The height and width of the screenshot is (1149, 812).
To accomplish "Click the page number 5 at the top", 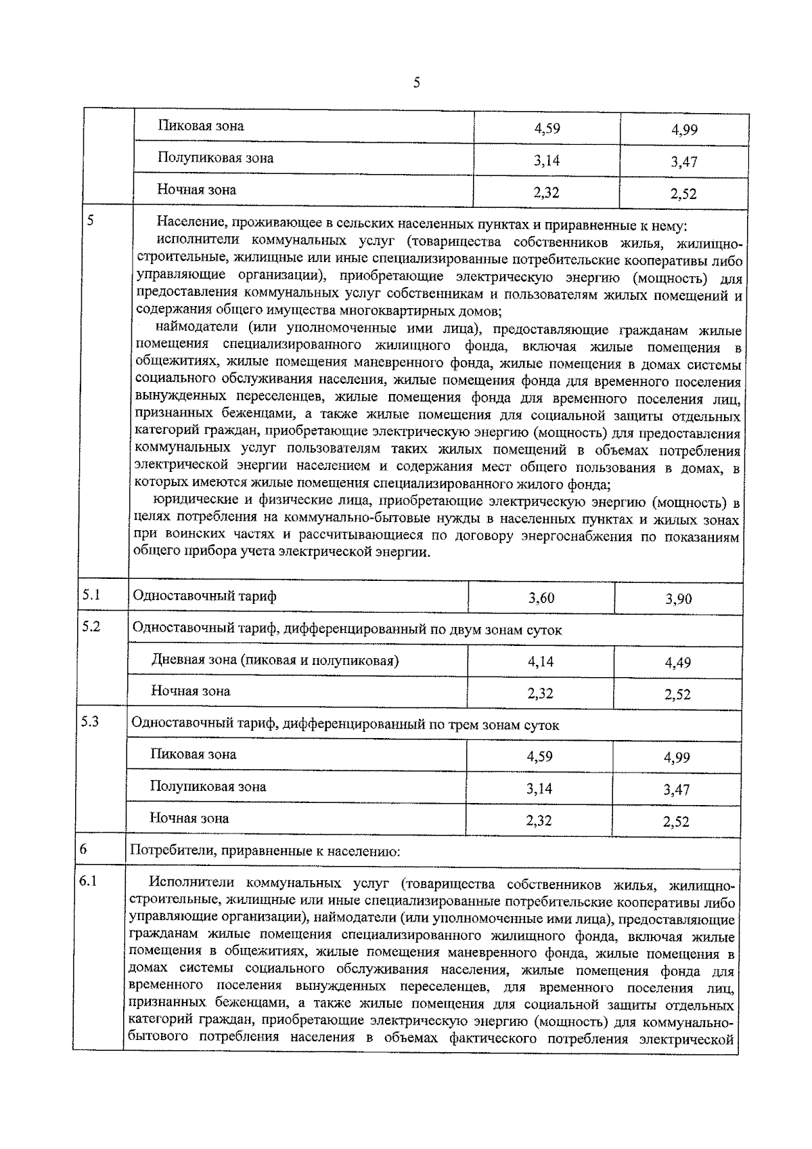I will pyautogui.click(x=416, y=83).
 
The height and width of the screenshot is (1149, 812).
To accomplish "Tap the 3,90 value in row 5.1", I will pyautogui.click(x=678, y=599).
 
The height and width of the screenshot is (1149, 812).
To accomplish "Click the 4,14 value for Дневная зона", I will pyautogui.click(x=541, y=662).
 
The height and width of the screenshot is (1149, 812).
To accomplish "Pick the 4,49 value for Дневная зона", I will pyautogui.click(x=677, y=663).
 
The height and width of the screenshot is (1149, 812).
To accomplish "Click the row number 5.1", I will pyautogui.click(x=91, y=594).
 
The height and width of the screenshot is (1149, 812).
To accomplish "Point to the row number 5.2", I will pyautogui.click(x=91, y=626).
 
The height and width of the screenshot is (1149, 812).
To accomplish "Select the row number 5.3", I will pyautogui.click(x=90, y=722).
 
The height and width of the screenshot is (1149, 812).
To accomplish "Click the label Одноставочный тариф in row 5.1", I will pyautogui.click(x=204, y=597).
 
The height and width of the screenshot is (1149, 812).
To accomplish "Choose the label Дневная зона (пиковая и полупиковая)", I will pyautogui.click(x=275, y=660).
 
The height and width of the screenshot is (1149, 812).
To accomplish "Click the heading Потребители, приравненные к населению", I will pyautogui.click(x=265, y=851).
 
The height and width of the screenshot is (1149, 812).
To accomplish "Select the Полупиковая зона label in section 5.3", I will pyautogui.click(x=208, y=787).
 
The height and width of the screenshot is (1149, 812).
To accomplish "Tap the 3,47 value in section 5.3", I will pyautogui.click(x=677, y=789).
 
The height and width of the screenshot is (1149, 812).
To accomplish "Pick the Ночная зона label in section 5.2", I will pyautogui.click(x=190, y=691).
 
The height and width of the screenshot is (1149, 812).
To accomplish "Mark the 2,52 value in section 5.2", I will pyautogui.click(x=677, y=694).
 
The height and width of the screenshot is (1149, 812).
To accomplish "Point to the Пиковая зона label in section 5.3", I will pyautogui.click(x=193, y=754).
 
